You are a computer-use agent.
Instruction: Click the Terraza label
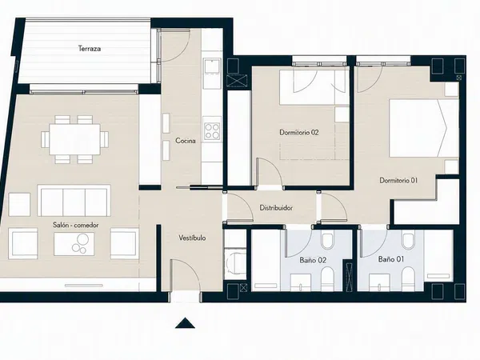coord(90,48)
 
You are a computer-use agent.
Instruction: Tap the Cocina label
coord(186,141)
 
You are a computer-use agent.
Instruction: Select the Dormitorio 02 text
coord(299,133)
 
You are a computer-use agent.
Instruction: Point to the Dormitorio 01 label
coord(398,180)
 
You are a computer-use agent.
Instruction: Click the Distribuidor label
coord(276,208)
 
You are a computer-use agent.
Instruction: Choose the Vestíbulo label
coord(192,238)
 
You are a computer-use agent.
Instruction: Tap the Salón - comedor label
coord(76,225)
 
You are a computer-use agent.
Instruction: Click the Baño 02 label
coord(313,260)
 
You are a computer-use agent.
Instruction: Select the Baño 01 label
coord(391,259)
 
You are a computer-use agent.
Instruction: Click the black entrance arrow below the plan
coord(185,323)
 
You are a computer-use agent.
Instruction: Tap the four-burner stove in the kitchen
coord(212,131)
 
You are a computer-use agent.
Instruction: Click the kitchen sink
coord(212,66)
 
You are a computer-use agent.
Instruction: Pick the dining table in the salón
coord(74,139)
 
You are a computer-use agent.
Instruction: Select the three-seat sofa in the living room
coord(74,201)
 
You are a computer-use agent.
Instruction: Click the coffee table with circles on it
coord(74,244)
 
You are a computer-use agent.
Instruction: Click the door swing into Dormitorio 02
coord(270,172)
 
